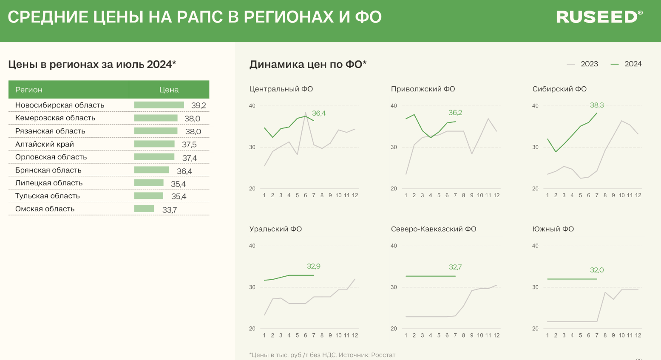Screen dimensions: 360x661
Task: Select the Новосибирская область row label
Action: pos(60,105)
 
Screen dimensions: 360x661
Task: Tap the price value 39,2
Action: pos(199,105)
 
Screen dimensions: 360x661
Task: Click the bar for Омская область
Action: pos(144,209)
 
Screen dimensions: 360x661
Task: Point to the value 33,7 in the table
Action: pos(170,210)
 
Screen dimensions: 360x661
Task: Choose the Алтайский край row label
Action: pos(45,144)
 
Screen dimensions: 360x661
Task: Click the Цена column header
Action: pos(169,90)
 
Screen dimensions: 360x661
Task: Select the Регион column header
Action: pos(29,90)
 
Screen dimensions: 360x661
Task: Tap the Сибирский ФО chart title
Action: pos(559,89)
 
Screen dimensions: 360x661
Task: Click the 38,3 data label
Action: pos(597,105)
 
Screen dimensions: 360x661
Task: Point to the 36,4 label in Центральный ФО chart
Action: pos(319,113)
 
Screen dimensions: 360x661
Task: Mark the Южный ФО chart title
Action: pos(553,229)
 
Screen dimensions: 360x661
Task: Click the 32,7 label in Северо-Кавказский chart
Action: pos(455,267)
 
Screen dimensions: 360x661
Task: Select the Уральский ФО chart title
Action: pos(275,229)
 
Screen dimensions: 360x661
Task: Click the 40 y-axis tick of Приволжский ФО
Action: pos(394,106)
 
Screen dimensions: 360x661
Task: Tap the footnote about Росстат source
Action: pos(322,354)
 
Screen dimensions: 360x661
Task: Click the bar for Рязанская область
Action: pos(156,131)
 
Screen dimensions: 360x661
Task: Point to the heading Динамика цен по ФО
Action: pos(308,64)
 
